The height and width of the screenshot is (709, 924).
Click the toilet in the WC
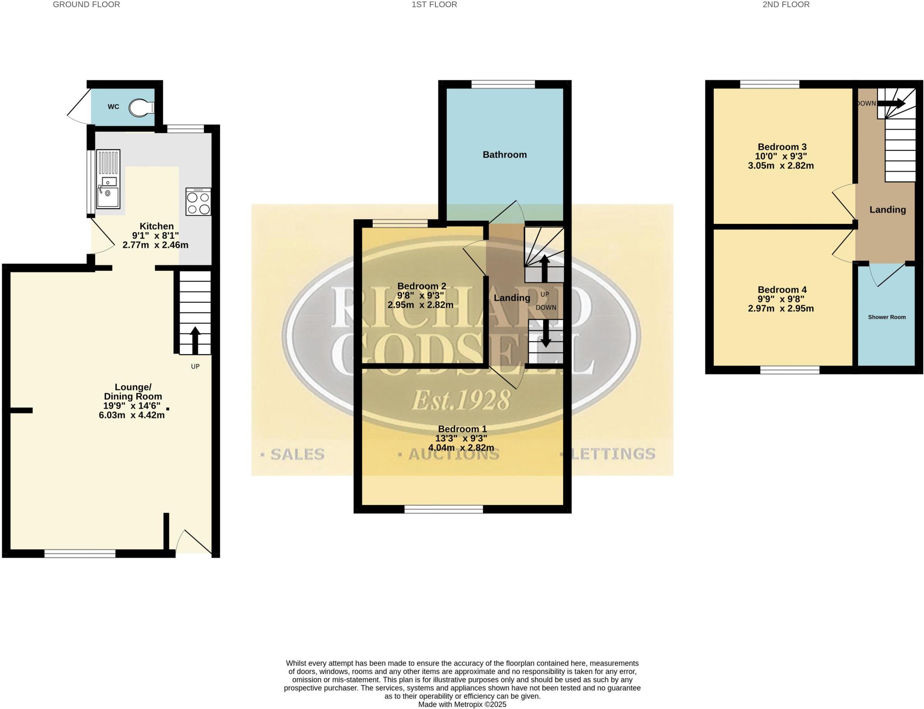(x=141, y=107)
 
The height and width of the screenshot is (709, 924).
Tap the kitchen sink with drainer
(x=108, y=179)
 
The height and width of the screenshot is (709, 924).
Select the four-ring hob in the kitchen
(x=198, y=202)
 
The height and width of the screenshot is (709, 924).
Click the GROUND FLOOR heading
(x=86, y=5)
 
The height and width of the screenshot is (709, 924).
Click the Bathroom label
(x=504, y=155)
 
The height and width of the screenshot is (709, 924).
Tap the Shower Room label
(x=887, y=317)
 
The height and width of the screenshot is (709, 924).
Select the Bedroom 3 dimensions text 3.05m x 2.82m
(x=781, y=166)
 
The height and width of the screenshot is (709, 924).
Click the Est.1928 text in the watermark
(x=461, y=400)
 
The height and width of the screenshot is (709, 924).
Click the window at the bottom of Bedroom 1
(x=444, y=510)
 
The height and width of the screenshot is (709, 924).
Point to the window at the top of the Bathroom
(x=503, y=84)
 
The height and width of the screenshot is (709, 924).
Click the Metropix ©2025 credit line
(x=462, y=704)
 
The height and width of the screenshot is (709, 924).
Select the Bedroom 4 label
(x=782, y=290)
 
